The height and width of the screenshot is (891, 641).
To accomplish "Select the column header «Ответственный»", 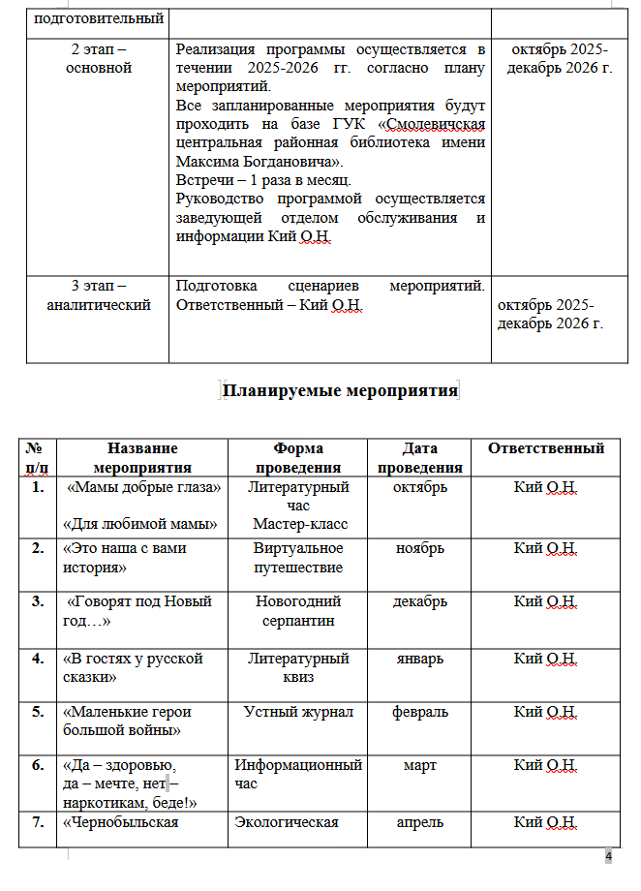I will click(x=546, y=448).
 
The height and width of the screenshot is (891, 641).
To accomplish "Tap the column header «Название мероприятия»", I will click(x=142, y=457).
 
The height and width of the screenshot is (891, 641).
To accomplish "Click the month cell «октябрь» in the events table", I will click(x=420, y=487).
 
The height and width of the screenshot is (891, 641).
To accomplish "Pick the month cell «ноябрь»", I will click(x=420, y=548).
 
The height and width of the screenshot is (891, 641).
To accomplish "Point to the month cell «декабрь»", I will click(x=420, y=601).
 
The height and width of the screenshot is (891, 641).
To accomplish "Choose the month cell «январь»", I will click(x=420, y=659).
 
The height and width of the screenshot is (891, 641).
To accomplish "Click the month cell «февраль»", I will click(x=420, y=712).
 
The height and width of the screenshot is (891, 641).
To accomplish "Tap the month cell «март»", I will click(x=420, y=765).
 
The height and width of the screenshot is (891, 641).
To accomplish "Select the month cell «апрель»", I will click(x=420, y=822).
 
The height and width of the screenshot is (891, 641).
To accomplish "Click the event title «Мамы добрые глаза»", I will click(x=143, y=487).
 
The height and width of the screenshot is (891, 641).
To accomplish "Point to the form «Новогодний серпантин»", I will click(x=298, y=610).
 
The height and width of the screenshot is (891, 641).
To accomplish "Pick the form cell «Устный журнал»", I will click(x=298, y=712).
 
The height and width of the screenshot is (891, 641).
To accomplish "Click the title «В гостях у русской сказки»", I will click(x=133, y=667).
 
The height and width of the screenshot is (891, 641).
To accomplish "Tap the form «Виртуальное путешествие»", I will click(x=298, y=557).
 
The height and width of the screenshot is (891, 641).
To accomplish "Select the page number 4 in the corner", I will click(x=609, y=858).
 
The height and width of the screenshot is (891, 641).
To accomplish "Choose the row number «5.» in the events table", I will click(x=38, y=712).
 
